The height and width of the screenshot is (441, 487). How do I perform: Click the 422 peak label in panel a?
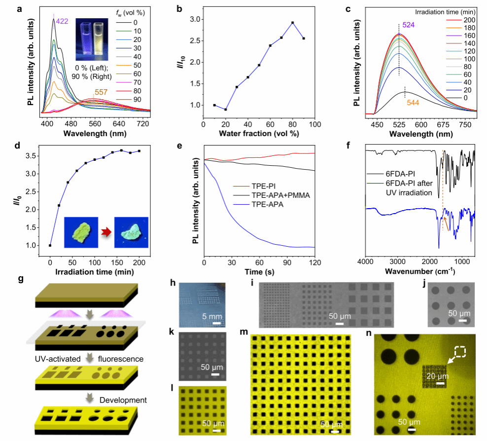62,21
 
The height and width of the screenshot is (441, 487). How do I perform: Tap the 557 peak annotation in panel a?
101,92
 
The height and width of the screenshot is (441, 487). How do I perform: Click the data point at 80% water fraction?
293,23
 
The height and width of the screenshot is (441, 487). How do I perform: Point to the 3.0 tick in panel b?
195,19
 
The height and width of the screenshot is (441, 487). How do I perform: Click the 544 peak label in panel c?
413,103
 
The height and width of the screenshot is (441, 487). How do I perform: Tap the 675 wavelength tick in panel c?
443,125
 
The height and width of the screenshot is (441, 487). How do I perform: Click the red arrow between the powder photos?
106,232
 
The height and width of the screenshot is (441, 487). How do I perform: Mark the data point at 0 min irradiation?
50,246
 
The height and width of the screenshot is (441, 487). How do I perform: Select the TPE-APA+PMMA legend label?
281,195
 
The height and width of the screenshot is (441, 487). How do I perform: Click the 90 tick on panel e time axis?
287,262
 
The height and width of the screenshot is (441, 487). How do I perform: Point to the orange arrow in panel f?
446,224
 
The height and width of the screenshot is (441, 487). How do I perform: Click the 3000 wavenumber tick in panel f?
398,261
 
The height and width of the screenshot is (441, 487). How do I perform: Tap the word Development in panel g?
123,400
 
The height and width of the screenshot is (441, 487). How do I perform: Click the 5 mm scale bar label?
212,316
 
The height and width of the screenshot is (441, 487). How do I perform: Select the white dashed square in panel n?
460,352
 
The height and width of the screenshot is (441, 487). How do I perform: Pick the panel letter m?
244,332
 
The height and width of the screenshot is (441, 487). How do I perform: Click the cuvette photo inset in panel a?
92,39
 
